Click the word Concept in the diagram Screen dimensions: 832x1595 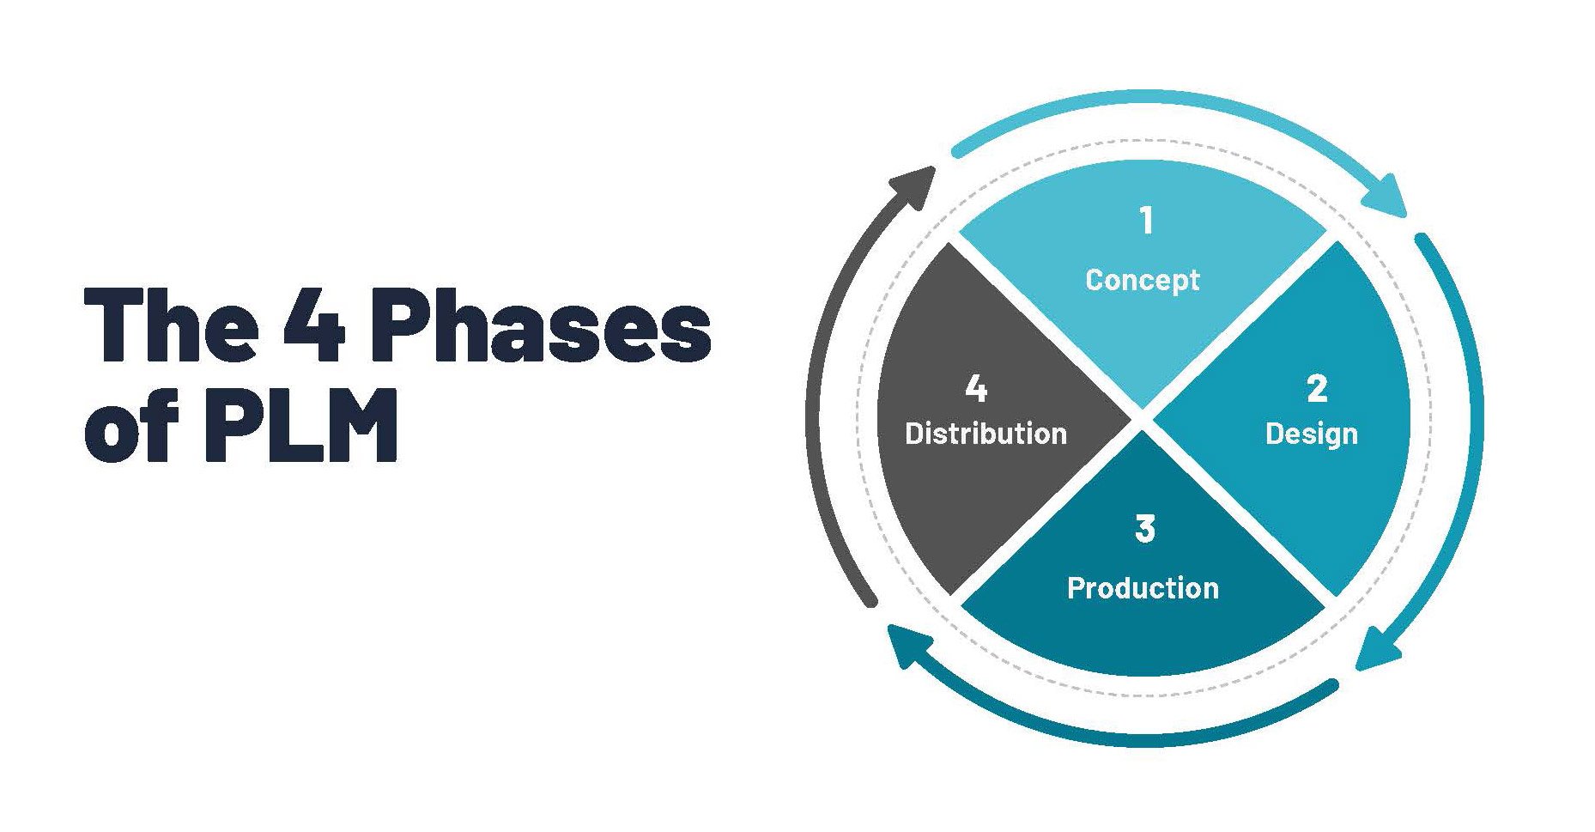coord(1142,280)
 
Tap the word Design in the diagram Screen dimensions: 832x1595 coord(1311,434)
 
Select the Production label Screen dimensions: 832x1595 coord(1143,588)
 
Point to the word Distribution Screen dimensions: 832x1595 coord(986,434)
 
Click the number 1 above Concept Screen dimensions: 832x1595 coord(1146,221)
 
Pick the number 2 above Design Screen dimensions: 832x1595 coord(1317,389)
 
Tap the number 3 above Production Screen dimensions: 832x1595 coord(1145,529)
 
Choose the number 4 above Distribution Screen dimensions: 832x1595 coord(976,389)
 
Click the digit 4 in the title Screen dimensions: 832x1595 coord(314,325)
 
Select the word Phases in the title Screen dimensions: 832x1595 coord(541,326)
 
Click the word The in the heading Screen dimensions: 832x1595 coord(171,325)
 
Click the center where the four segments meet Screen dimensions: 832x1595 coord(1143,420)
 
